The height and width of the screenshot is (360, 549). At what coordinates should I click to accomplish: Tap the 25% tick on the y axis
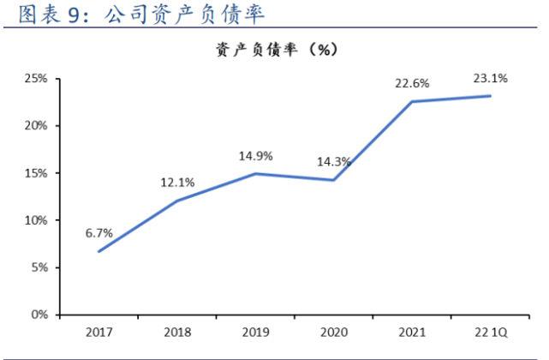pyautogui.click(x=35, y=79)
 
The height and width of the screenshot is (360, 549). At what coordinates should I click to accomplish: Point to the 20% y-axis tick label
pyautogui.click(x=35, y=126)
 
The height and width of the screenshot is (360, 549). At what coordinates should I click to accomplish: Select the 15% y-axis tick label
pyautogui.click(x=35, y=173)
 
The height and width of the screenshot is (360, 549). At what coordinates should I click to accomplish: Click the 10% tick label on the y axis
pyautogui.click(x=35, y=220)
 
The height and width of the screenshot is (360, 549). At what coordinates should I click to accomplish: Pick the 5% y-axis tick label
pyautogui.click(x=39, y=267)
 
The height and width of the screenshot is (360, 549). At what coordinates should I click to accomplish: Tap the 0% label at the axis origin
pyautogui.click(x=39, y=315)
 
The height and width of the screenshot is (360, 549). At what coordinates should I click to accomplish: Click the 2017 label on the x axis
pyautogui.click(x=98, y=332)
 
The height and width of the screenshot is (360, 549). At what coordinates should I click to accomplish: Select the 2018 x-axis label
pyautogui.click(x=177, y=332)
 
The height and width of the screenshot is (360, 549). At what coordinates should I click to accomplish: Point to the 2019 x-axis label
pyautogui.click(x=255, y=332)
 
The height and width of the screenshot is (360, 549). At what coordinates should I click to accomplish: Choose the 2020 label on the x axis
pyautogui.click(x=333, y=332)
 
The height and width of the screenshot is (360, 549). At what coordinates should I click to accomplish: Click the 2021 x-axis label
pyautogui.click(x=412, y=332)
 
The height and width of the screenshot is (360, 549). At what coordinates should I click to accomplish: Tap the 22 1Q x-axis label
pyautogui.click(x=490, y=332)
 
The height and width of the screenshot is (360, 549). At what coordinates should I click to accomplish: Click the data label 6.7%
pyautogui.click(x=99, y=232)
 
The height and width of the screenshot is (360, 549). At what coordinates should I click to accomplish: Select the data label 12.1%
pyautogui.click(x=177, y=182)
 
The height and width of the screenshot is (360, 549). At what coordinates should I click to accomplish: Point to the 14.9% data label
pyautogui.click(x=255, y=156)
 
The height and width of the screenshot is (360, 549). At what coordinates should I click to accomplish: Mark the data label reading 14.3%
pyautogui.click(x=333, y=161)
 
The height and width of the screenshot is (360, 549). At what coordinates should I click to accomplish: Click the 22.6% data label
pyautogui.click(x=412, y=83)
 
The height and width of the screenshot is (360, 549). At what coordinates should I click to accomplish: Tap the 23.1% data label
pyautogui.click(x=490, y=78)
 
